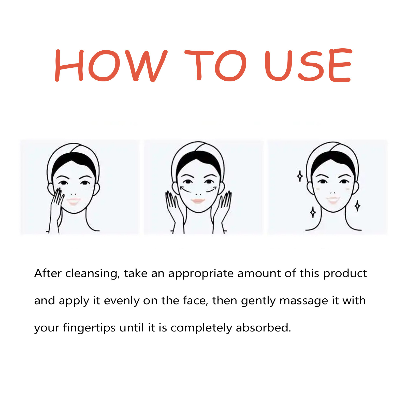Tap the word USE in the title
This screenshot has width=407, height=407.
pyautogui.click(x=308, y=66)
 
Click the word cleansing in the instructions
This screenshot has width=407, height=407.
pyautogui.click(x=92, y=273)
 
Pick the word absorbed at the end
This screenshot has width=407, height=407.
pyautogui.click(x=263, y=328)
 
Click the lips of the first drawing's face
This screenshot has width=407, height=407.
pyautogui.click(x=74, y=201)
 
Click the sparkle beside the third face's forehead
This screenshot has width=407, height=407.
pyautogui.click(x=300, y=176)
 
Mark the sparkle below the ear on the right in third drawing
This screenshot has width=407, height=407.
pyautogui.click(x=357, y=206)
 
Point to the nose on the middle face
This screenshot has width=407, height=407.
pyautogui.click(x=198, y=193)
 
